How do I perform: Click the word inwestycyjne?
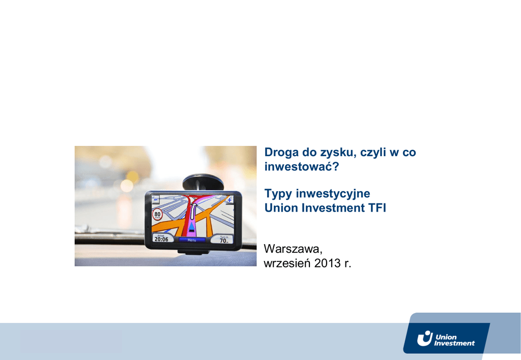(x=333, y=194)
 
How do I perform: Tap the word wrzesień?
(x=287, y=263)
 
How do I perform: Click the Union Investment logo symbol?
(x=425, y=339)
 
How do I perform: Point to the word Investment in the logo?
(x=454, y=343)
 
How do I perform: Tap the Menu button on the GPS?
(x=192, y=240)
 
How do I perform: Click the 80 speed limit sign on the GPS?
(x=157, y=214)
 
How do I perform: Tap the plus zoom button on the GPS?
(x=229, y=200)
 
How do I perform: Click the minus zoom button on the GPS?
(x=155, y=199)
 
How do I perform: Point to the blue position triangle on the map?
(x=192, y=227)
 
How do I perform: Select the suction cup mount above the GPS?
(x=202, y=183)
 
